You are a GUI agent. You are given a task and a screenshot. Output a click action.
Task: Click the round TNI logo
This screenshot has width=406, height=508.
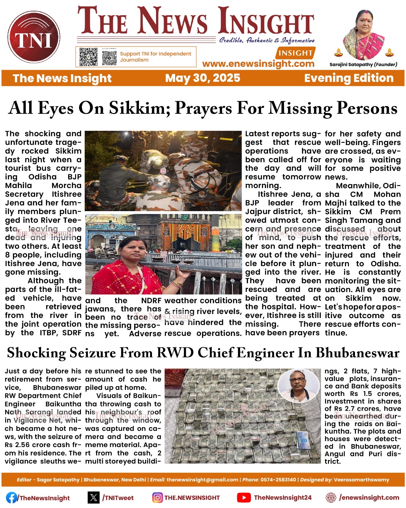tap(34, 37)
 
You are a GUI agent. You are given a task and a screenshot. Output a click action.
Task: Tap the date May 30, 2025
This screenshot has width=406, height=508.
tap(203, 78)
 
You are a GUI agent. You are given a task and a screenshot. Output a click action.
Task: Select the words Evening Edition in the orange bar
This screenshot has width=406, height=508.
tap(349, 78)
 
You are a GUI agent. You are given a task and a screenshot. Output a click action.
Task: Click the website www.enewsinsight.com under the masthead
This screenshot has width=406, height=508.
tap(258, 64)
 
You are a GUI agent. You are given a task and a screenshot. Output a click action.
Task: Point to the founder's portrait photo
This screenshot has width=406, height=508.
tap(363, 35)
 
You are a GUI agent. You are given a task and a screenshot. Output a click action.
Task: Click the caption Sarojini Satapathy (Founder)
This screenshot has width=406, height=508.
tap(363, 64)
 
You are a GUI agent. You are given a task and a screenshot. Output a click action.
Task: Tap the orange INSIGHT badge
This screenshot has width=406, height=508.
tap(296, 53)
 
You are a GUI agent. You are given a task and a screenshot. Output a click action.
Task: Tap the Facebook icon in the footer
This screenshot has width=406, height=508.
tap(12, 498)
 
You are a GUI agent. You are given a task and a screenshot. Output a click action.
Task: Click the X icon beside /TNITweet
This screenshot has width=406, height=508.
tap(94, 498)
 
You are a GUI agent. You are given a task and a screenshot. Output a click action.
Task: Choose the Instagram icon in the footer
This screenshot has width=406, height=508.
tap(157, 498)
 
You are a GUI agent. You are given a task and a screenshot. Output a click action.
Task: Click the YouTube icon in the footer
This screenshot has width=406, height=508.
tap(244, 498)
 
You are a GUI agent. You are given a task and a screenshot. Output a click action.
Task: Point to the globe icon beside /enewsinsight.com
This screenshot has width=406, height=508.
tap(331, 498)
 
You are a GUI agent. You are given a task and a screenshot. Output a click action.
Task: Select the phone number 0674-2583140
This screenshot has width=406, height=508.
tap(278, 480)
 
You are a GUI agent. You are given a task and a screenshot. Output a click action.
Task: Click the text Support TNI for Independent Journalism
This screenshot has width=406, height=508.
tap(155, 57)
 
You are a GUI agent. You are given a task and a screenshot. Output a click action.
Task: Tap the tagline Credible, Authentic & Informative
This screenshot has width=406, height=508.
tap(267, 40)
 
